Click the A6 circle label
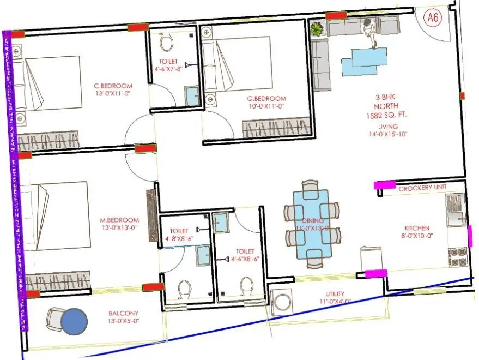coord(433,19)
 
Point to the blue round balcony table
coord(74,322)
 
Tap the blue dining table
coord(311,224)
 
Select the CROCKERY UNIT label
coord(422,187)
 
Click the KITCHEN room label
coord(417,228)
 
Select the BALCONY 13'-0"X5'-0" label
coord(123,317)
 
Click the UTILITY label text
coord(335,294)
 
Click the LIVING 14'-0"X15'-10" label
coord(388,130)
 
